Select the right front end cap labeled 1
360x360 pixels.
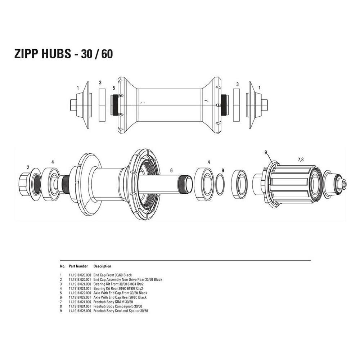(255, 105)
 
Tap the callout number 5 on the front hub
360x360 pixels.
(113, 87)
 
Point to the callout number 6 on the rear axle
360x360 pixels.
(171, 171)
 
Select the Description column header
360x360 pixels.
(102, 266)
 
